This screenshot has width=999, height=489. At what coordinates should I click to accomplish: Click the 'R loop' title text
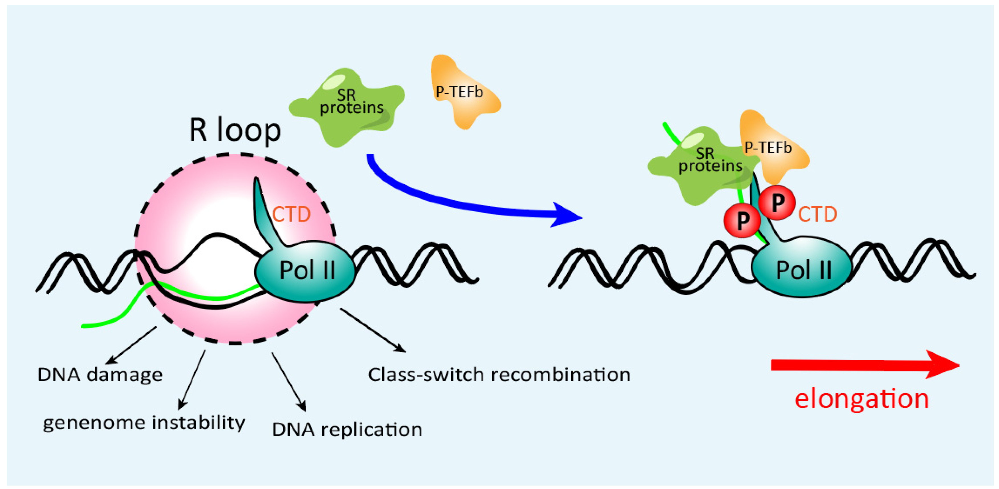click(x=235, y=130)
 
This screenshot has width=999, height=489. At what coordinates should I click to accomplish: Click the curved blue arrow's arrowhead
click(x=566, y=215)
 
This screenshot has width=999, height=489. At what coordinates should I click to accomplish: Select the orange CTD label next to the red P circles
click(x=817, y=214)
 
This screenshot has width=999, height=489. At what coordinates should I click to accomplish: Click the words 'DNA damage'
click(x=100, y=375)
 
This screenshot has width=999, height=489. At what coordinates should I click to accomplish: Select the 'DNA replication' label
click(x=347, y=429)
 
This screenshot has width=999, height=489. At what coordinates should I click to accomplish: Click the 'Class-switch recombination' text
click(x=499, y=375)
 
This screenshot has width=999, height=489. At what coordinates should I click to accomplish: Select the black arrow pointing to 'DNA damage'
click(x=132, y=345)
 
